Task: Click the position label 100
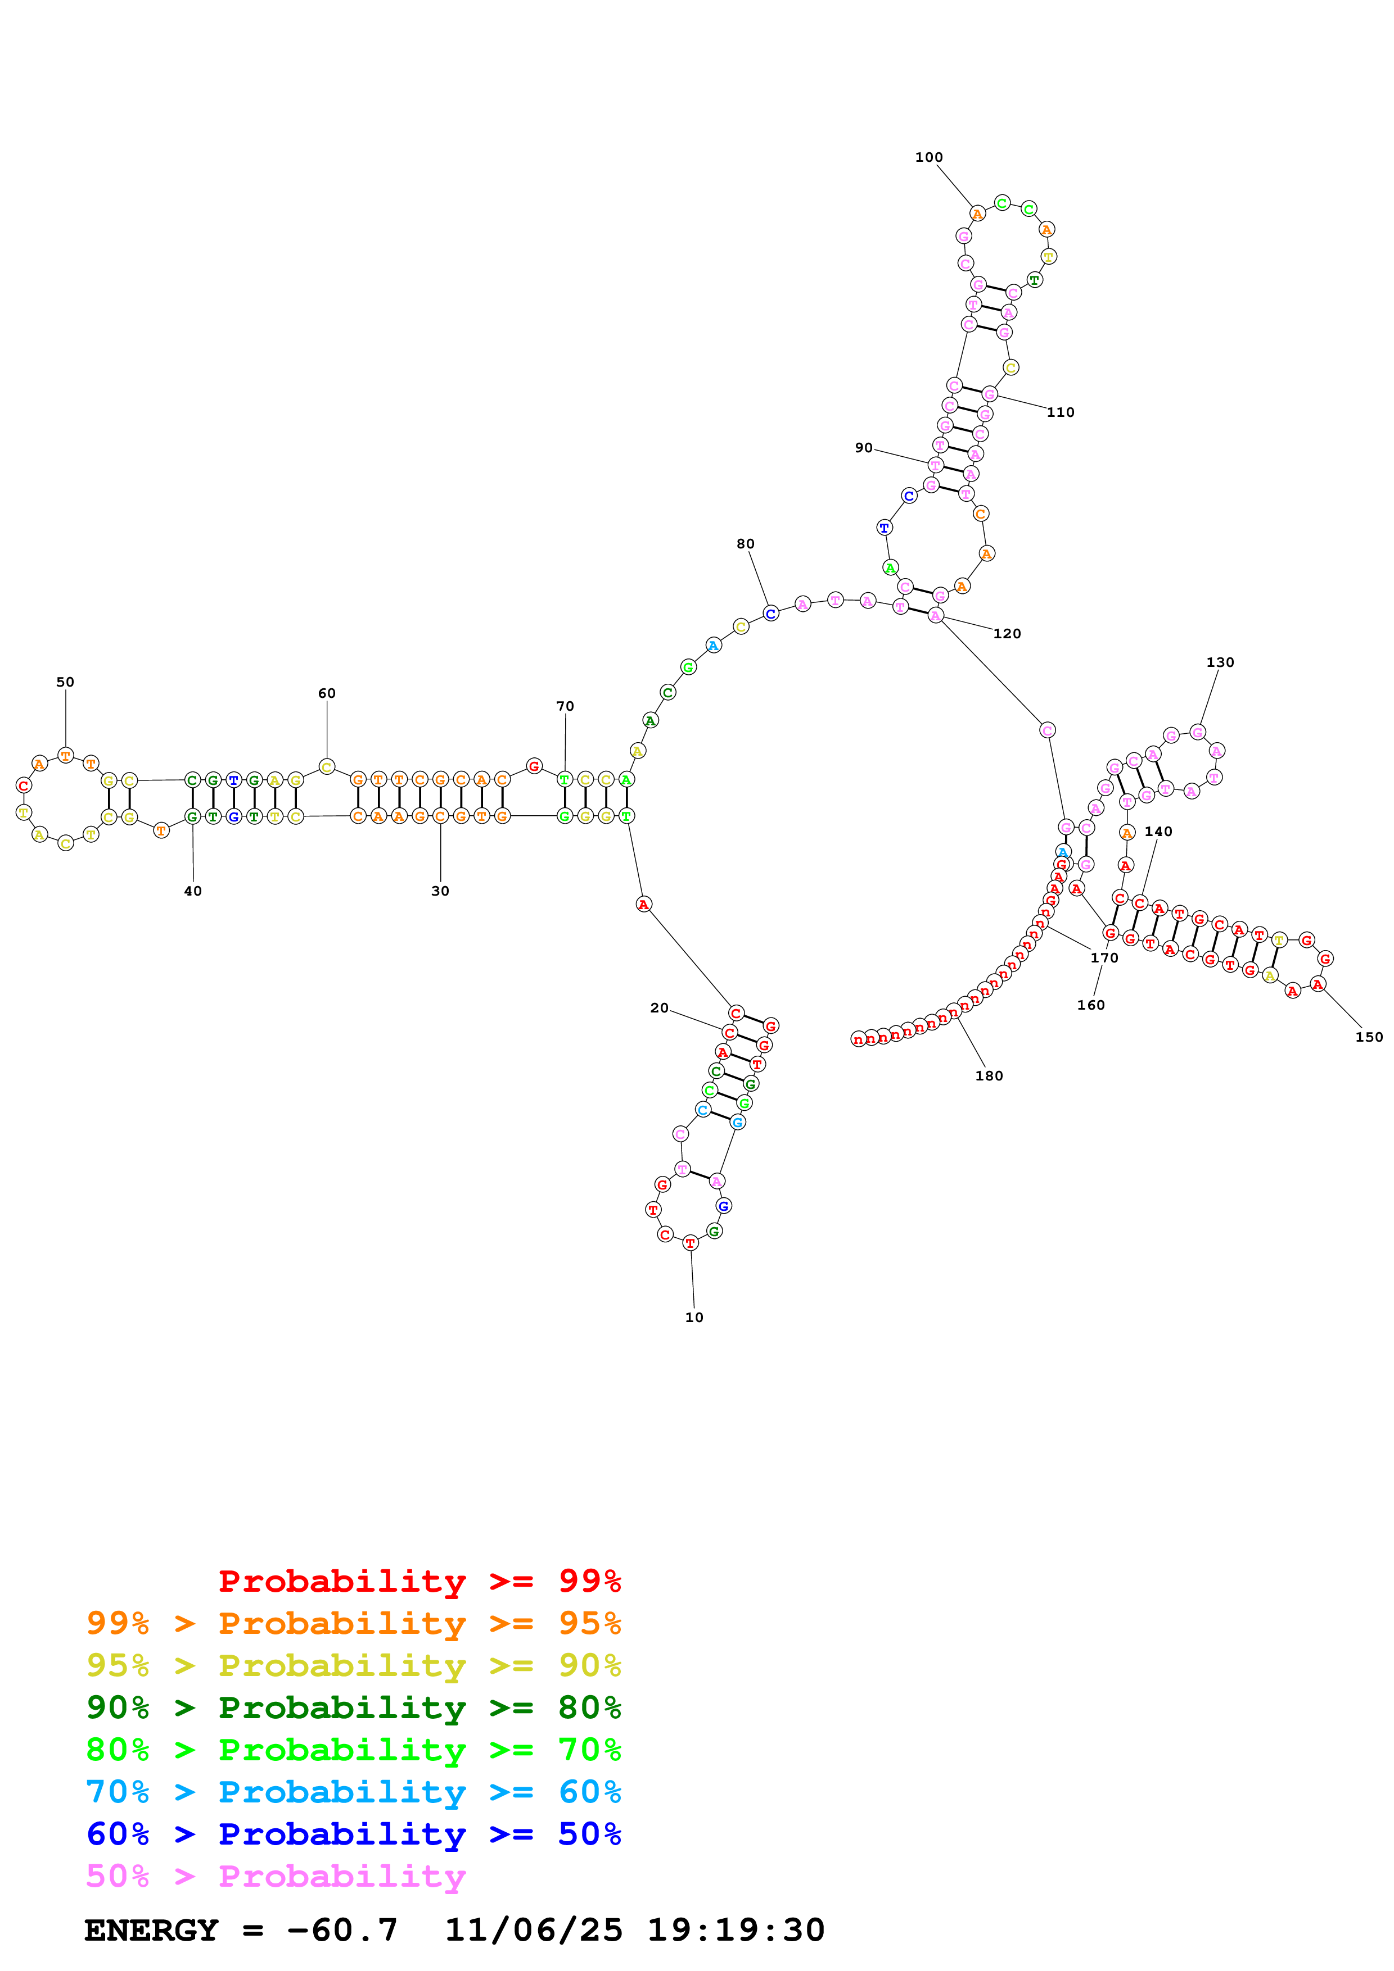tap(928, 157)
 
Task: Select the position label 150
tap(1369, 1037)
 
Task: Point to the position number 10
tap(694, 1317)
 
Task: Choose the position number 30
tap(440, 891)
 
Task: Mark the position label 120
tap(1007, 634)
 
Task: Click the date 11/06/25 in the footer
tap(534, 1930)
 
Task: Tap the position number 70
tap(565, 706)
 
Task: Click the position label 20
tap(659, 1008)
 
